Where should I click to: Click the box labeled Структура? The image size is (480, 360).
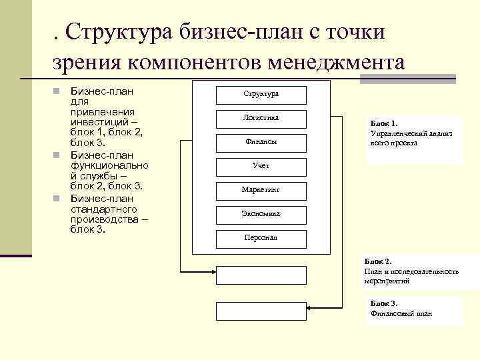[x=261, y=94]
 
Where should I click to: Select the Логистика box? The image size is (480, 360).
[x=261, y=118]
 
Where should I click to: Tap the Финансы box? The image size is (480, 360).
[x=261, y=142]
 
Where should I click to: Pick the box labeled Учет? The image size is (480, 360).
[x=261, y=166]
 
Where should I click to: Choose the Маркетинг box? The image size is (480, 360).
[x=261, y=190]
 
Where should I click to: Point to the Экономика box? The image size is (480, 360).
[x=261, y=214]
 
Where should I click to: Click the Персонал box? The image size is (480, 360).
[x=261, y=238]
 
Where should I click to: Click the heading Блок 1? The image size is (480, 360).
[x=384, y=123]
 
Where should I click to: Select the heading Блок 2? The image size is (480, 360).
[x=379, y=262]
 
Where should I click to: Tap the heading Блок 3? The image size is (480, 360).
[x=385, y=304]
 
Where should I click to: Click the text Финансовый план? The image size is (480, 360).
[x=402, y=313]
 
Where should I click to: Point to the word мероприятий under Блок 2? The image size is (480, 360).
[x=387, y=281]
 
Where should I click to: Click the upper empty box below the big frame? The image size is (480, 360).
[x=261, y=275]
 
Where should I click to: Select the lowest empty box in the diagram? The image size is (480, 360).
[x=261, y=311]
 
